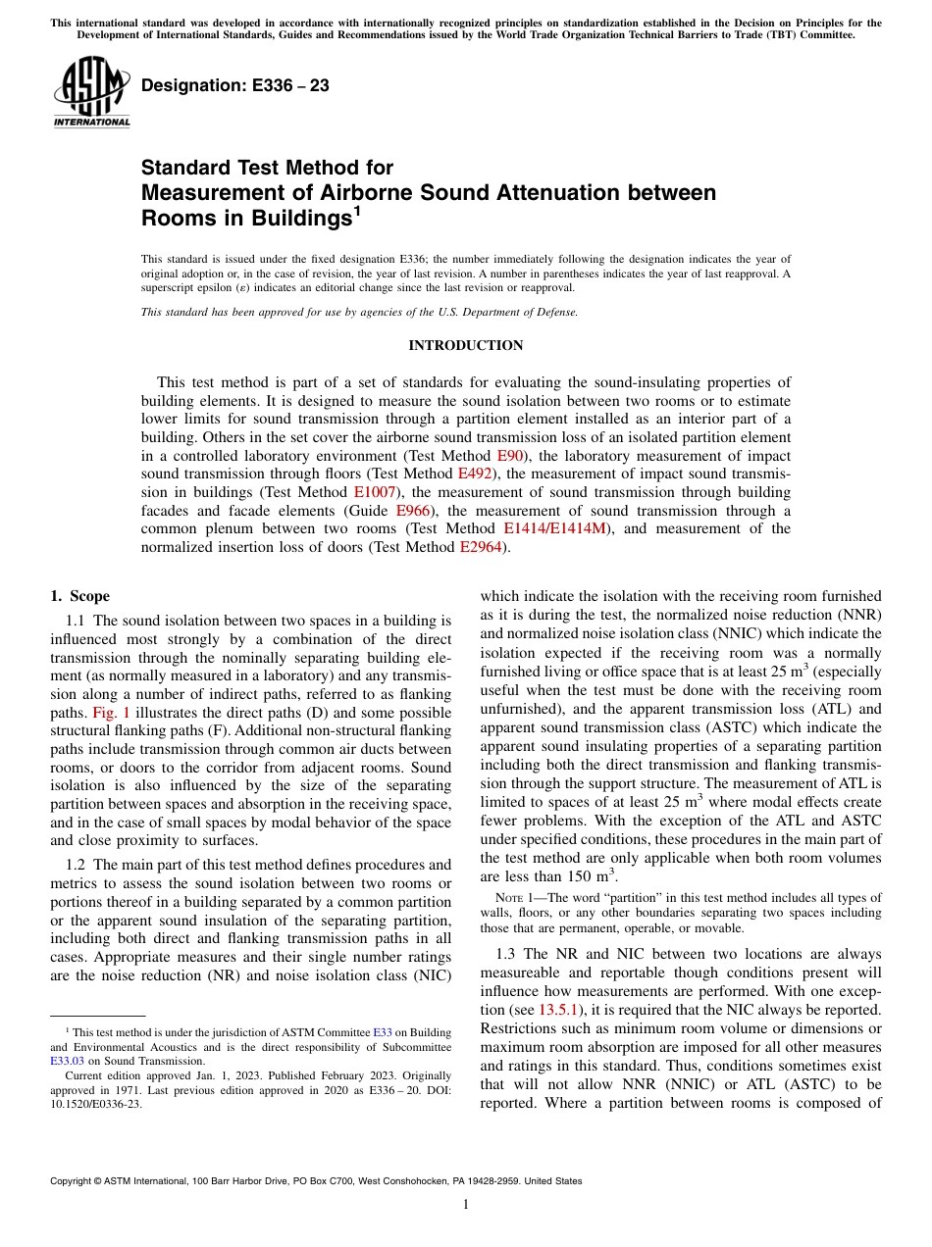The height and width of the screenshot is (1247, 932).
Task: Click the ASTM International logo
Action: (x=91, y=90)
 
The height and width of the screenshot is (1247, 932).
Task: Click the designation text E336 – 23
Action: (x=235, y=85)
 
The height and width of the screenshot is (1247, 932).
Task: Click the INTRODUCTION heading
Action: (x=465, y=345)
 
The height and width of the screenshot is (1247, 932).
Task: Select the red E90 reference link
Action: (x=509, y=456)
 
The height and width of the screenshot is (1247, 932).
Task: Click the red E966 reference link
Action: (x=412, y=511)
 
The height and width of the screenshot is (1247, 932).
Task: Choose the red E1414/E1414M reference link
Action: (x=555, y=529)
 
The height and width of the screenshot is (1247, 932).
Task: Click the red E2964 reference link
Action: (x=483, y=547)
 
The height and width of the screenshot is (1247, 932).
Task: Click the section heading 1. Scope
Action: (x=79, y=596)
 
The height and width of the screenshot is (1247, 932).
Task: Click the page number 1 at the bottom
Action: (x=466, y=1205)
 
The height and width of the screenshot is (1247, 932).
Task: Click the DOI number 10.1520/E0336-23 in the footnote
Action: (x=95, y=1102)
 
